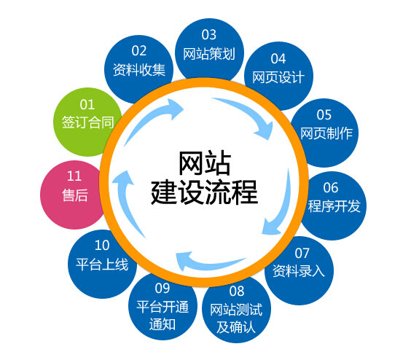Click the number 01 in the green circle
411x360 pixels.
87,105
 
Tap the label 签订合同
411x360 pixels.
87,122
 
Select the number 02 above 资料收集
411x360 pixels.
139,51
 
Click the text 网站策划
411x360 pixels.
209,54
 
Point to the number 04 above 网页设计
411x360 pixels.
278,59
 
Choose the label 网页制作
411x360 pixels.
326,133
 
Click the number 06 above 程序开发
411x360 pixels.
331,188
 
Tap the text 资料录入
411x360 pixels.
299,270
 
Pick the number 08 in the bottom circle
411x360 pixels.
237,291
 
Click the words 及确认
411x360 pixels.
236,327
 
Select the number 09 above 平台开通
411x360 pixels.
163,289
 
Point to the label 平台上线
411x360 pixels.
102,265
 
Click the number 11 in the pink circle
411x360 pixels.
74,176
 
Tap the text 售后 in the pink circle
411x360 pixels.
75,195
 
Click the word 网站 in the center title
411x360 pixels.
205,163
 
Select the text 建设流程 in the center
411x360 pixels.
204,192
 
